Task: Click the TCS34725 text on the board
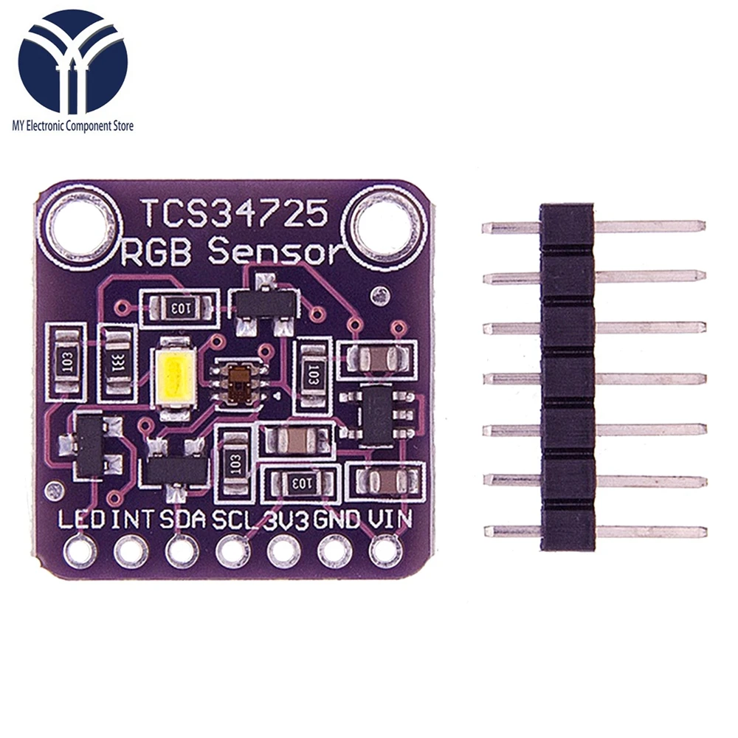pos(234,214)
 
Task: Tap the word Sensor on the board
pos(277,252)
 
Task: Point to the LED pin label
pos(81,520)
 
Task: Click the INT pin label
pos(133,520)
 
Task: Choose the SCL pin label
pos(234,520)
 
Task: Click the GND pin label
pos(336,520)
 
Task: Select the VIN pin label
pos(389,520)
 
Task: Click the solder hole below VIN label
pos(384,551)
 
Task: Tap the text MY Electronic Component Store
pos(72,126)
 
